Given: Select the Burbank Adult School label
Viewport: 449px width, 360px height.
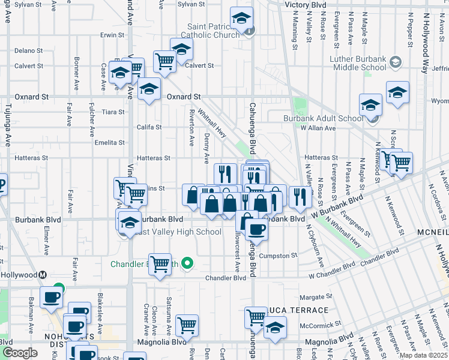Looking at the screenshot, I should coord(324,118).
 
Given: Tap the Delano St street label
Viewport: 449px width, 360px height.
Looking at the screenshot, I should coord(25,50).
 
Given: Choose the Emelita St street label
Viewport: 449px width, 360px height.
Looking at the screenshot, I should coord(110,143).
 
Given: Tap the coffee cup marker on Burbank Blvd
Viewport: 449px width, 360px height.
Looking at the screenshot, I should coord(256,230).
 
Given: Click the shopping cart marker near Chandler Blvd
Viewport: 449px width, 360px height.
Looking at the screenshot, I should coord(160,263).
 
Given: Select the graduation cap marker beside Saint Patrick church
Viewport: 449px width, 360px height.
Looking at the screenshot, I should coord(241,19).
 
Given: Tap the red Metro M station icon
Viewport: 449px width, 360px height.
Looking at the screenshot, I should coord(43,275).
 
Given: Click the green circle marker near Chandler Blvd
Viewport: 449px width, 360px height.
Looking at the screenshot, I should coord(187,262).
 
